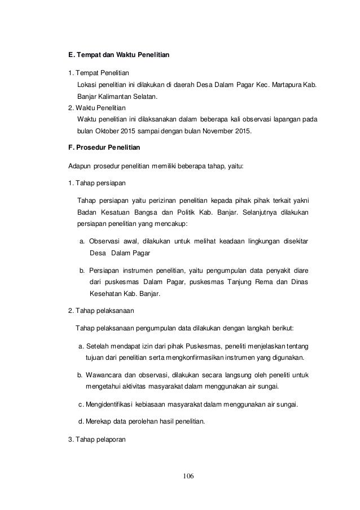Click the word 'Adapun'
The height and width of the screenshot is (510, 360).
pos(78,167)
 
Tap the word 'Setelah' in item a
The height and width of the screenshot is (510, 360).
pos(99,346)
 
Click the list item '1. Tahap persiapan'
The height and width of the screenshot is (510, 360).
pos(93,184)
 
